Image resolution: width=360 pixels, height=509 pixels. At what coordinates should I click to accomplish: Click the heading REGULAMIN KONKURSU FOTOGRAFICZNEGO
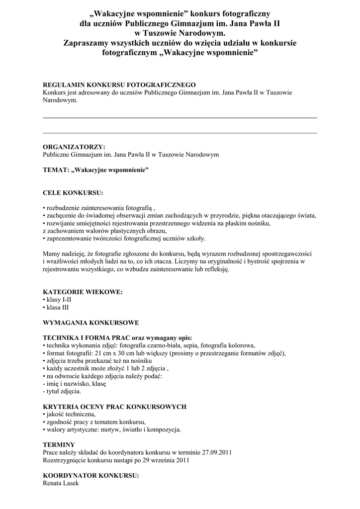pyautogui.click(x=119, y=85)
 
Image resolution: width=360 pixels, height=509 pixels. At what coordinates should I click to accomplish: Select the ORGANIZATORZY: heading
pyautogui.click(x=74, y=147)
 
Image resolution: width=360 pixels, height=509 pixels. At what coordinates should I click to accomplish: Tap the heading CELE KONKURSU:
pyautogui.click(x=73, y=192)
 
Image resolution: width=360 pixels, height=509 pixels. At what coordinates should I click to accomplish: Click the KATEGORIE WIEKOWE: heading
pyautogui.click(x=83, y=292)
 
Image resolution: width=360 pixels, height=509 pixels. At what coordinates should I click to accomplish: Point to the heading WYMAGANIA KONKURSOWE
pyautogui.click(x=91, y=323)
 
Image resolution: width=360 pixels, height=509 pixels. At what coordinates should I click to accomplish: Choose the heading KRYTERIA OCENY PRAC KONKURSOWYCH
pyautogui.click(x=114, y=407)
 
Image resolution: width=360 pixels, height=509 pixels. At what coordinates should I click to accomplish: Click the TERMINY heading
pyautogui.click(x=59, y=444)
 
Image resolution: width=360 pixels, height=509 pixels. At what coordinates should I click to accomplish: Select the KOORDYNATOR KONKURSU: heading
pyautogui.click(x=91, y=475)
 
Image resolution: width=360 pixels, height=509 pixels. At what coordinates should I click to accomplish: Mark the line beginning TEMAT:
pyautogui.click(x=96, y=170)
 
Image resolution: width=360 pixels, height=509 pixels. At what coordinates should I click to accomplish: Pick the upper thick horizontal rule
pyautogui.click(x=180, y=118)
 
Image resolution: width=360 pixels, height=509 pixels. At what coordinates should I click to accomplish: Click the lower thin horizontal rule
pyautogui.click(x=180, y=133)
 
